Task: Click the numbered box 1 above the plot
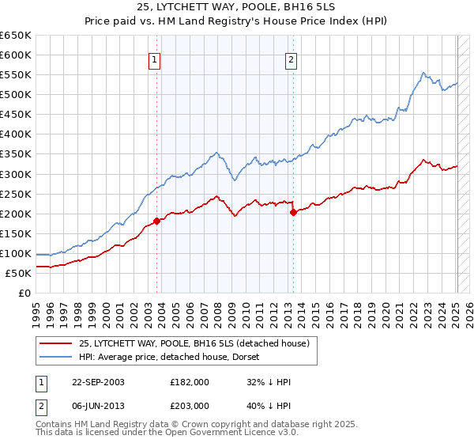(154, 59)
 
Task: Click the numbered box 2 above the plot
(291, 59)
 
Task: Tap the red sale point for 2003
(157, 221)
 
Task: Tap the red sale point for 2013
(293, 212)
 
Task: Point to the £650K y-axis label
(16, 36)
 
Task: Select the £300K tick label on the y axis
(16, 174)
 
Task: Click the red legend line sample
(55, 343)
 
